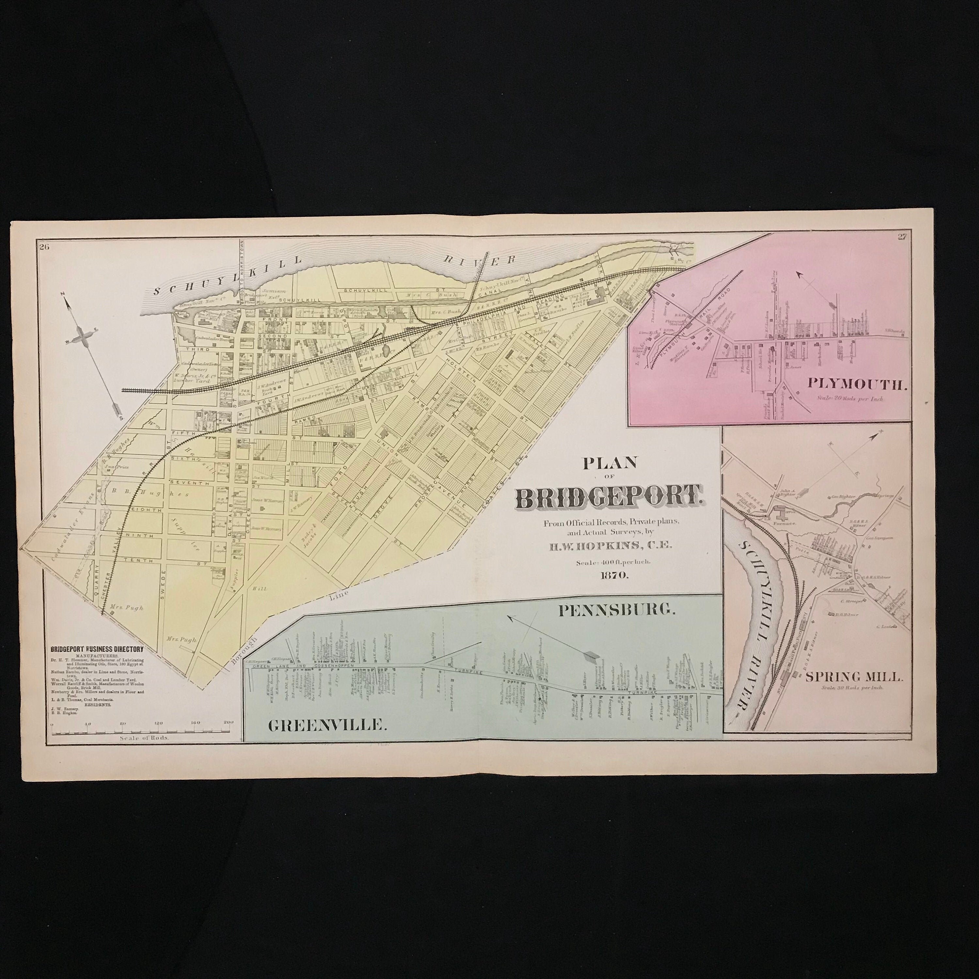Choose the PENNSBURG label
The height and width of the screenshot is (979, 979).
point(617,611)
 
